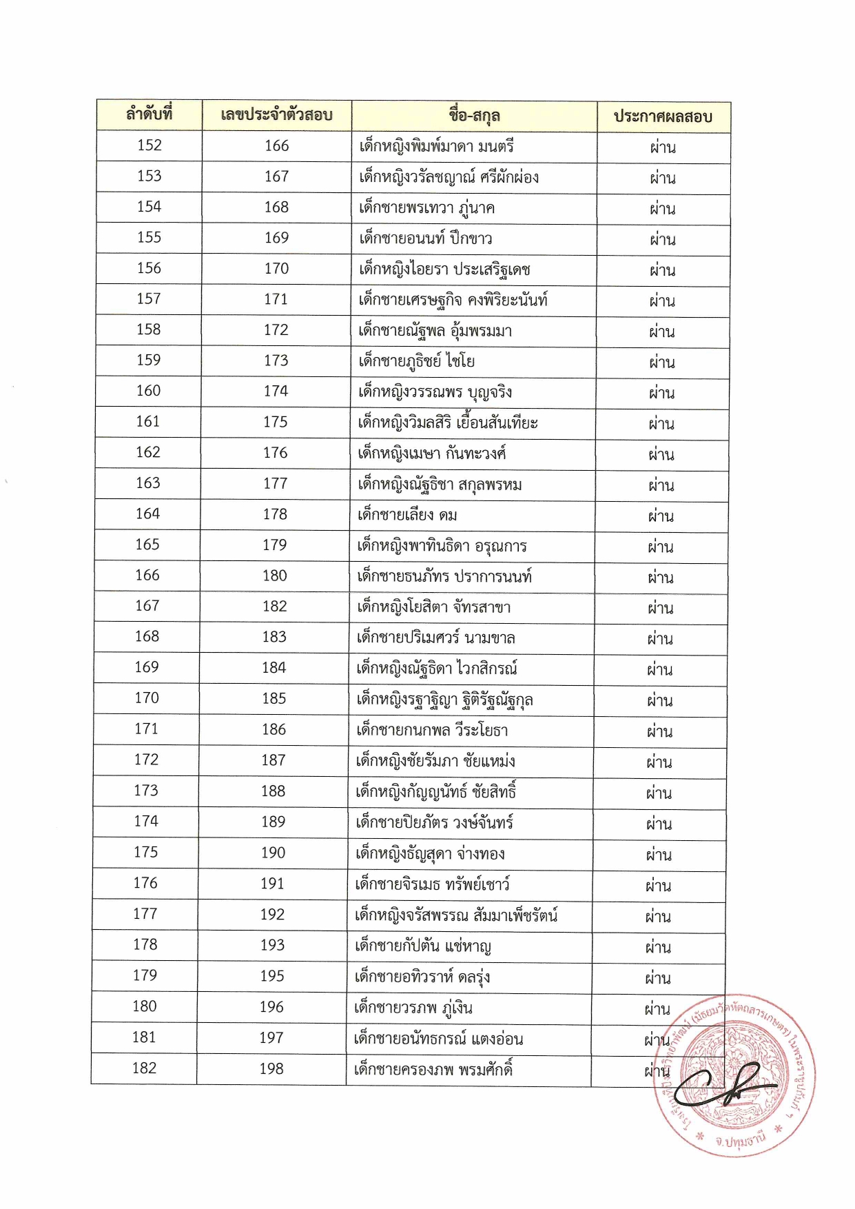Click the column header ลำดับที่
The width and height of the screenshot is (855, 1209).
coord(149,114)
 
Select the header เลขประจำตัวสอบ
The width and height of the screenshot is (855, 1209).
coord(276,115)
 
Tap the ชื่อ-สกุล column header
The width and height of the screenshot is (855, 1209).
coord(474,116)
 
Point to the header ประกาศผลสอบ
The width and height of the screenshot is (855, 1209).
coord(663,116)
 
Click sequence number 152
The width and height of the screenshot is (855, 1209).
coord(150,145)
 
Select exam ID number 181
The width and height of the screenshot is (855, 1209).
coord(144,1037)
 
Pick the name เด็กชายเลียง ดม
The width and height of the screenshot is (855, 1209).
coord(407,515)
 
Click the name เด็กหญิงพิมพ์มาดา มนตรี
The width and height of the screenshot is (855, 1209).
coord(436,146)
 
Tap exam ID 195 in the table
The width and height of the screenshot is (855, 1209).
coord(272,976)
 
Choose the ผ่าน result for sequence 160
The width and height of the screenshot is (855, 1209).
coord(661,393)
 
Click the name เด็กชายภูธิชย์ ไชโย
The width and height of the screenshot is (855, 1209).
coord(416,361)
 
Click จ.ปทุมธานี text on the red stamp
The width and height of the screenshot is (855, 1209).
coord(739,1139)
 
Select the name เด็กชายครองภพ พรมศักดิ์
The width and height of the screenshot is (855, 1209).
coord(433,1069)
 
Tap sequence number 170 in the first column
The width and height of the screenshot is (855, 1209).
coord(147,698)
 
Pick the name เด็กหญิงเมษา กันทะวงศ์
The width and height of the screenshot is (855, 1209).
coord(431,454)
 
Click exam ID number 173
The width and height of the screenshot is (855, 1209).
coord(276,360)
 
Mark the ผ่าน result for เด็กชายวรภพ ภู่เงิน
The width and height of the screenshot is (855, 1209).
coord(657,1009)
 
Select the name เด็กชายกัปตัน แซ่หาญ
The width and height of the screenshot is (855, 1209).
coord(422,946)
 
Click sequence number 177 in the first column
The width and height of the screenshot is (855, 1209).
coord(145,914)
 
